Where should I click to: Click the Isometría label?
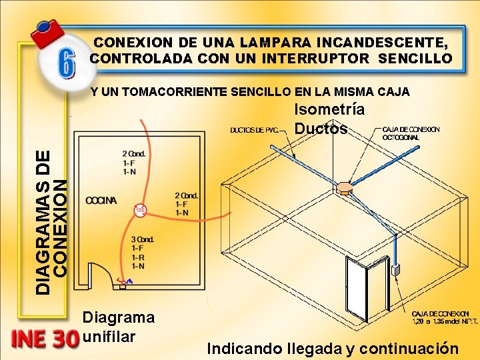coord(329,110)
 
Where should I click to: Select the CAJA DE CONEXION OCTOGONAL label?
coord(410,133)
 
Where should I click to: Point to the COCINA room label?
coord(101,200)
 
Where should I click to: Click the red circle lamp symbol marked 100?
coord(140,211)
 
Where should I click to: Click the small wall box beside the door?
coord(395,271)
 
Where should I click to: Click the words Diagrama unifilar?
coord(118,327)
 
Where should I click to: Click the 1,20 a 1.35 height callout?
coord(440,321)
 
